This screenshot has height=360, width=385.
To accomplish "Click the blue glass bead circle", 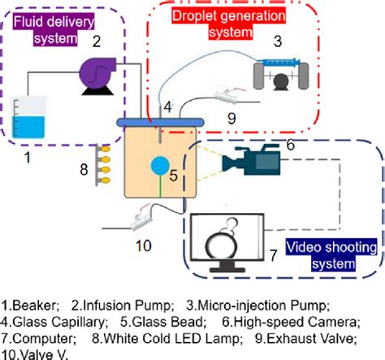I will point(158,165).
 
